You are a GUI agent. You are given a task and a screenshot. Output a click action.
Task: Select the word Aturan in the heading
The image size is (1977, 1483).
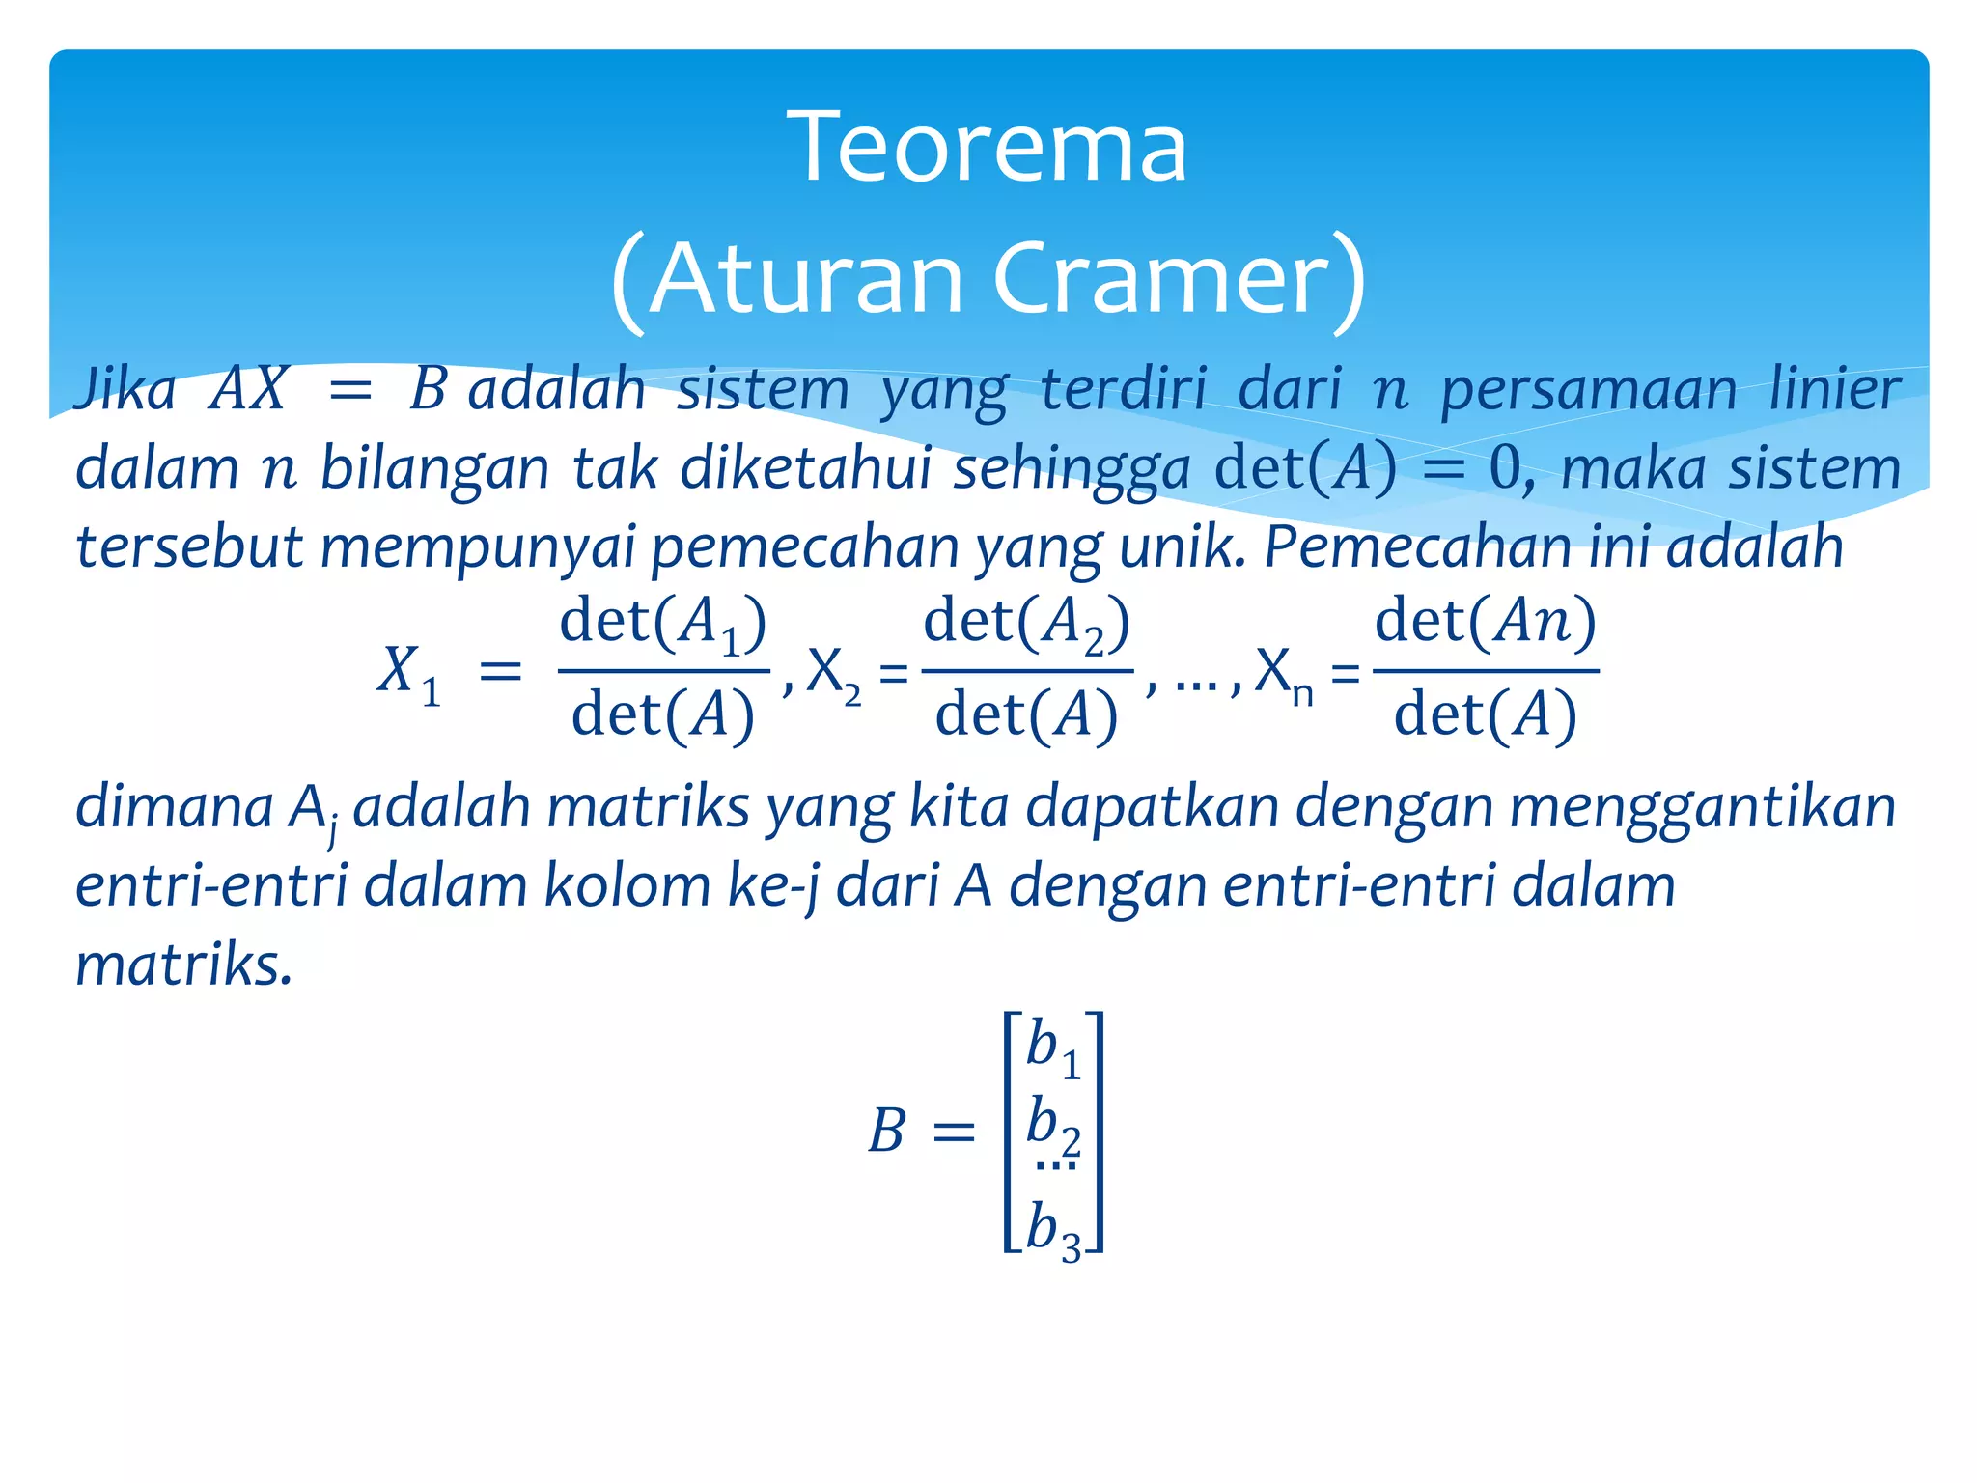tap(806, 279)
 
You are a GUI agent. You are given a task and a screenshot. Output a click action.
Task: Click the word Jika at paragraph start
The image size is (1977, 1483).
tap(125, 389)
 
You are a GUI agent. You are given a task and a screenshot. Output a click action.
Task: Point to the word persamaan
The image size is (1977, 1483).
tap(1588, 391)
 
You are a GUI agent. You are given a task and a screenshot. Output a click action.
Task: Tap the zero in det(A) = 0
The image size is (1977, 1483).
tap(1505, 469)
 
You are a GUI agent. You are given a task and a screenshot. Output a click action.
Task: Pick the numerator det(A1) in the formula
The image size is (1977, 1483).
tap(663, 623)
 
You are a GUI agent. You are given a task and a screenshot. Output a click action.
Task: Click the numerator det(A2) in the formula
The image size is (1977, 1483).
tap(1026, 623)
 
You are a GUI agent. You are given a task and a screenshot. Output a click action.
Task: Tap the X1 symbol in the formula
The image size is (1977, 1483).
tap(408, 673)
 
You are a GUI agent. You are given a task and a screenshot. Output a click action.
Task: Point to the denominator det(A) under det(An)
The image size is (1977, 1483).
tap(1485, 716)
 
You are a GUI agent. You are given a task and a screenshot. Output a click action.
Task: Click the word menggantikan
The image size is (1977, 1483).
tap(1702, 807)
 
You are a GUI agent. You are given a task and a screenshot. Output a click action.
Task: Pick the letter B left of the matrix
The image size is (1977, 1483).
tap(886, 1132)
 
